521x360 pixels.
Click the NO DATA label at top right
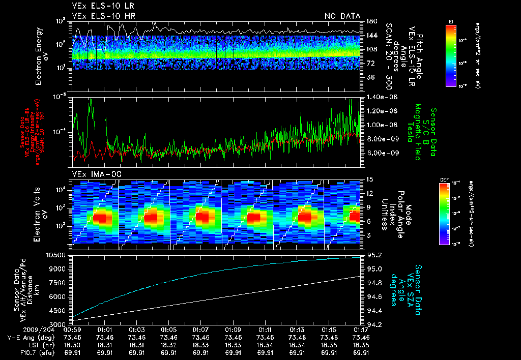342,16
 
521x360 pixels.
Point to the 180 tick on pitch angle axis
371,21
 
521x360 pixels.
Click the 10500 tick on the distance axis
57,255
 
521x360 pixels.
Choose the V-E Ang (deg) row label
28,338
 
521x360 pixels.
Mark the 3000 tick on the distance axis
59,324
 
